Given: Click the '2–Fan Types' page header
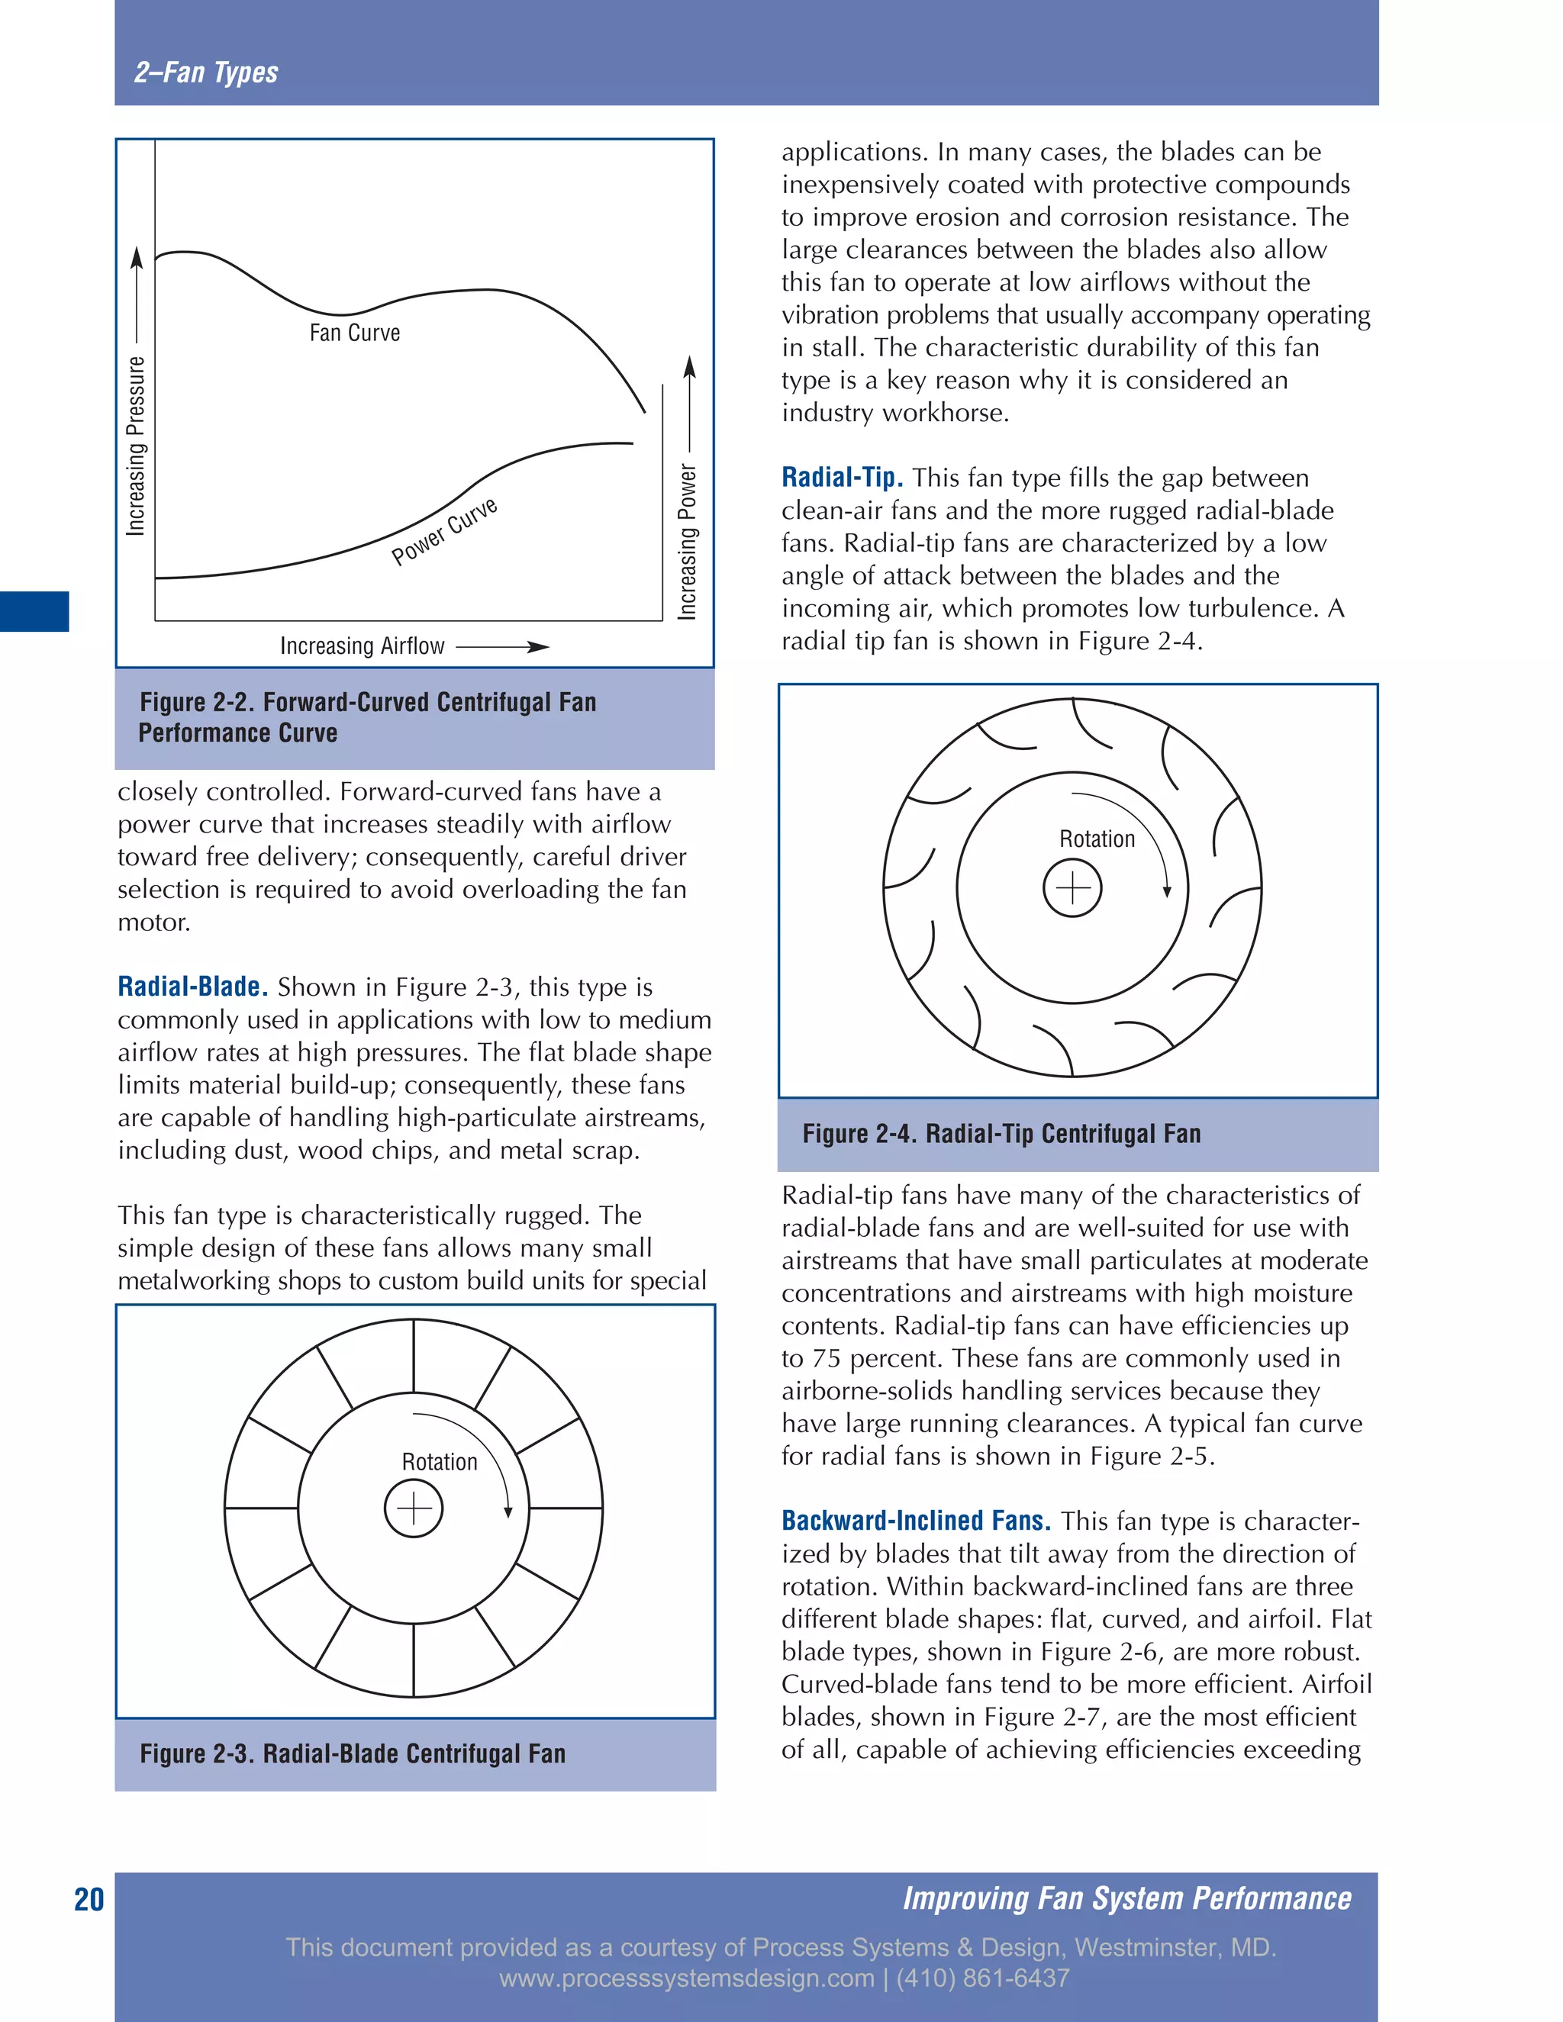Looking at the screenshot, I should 205,72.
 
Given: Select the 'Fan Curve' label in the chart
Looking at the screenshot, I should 355,333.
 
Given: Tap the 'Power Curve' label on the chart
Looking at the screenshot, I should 444,531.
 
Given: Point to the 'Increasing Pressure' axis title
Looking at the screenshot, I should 136,446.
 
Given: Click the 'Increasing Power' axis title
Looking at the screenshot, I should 687,542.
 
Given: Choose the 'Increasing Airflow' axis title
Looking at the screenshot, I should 362,646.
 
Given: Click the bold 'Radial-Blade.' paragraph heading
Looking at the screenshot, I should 192,987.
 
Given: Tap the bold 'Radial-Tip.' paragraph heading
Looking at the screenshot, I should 842,478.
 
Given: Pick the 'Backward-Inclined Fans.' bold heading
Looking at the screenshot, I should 916,1521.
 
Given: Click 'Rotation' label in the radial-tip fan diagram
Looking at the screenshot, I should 1097,839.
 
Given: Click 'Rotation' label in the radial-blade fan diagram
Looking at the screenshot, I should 439,1462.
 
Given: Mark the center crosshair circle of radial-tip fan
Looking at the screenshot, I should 1072,889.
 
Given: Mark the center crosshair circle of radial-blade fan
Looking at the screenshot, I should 413,1508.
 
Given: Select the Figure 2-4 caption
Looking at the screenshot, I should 1001,1134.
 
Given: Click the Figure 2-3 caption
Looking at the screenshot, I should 352,1753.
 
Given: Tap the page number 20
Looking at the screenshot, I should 89,1900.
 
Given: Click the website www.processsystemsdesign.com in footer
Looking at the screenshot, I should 686,1979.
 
